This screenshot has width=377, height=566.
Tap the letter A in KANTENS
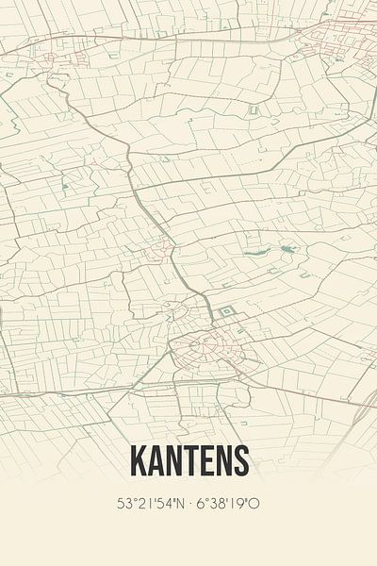[156, 461]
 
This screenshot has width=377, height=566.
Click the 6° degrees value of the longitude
[201, 504]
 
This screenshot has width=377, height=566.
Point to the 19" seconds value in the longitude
[238, 504]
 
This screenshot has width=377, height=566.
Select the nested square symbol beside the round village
[225, 312]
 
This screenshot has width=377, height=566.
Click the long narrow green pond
[256, 253]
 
